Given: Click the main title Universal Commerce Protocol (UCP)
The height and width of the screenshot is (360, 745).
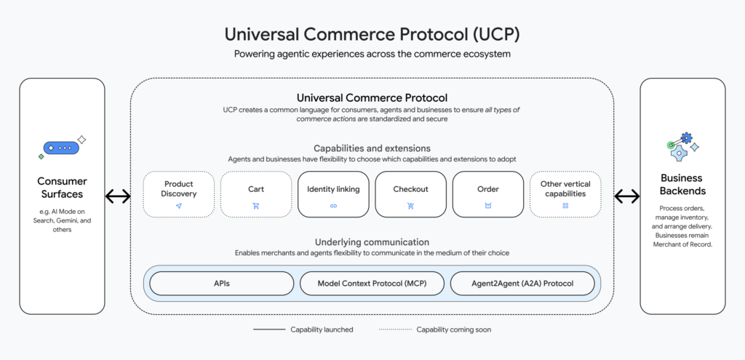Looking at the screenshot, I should pos(372,34).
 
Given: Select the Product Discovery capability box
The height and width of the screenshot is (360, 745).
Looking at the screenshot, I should pos(178,194).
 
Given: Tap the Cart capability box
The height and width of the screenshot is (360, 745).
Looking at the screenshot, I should pos(255,194).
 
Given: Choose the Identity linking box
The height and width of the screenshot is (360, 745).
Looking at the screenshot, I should pos(333,194).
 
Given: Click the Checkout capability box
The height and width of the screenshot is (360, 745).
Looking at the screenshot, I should pos(410,194).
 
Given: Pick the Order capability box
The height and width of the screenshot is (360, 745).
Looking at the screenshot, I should pos(487,194).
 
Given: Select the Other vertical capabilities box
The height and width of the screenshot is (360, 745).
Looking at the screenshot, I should pos(565,194).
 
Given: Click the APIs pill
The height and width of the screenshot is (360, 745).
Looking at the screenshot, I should pos(223,283).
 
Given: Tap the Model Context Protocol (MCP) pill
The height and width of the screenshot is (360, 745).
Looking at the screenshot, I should pos(372,283).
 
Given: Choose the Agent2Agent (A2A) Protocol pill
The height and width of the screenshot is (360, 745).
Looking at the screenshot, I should pos(522,283).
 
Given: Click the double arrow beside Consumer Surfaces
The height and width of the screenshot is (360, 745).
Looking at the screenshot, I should pos(118,196).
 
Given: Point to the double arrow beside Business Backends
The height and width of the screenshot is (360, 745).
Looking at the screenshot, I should pos(627,196).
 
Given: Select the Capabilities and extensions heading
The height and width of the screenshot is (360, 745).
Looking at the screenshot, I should pos(372,148).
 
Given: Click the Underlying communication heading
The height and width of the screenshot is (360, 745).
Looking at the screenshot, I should pos(372,241).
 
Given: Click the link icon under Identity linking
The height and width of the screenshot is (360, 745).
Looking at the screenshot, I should pos(333,206).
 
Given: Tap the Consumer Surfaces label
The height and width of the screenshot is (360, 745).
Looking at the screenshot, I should pos(62,188).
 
